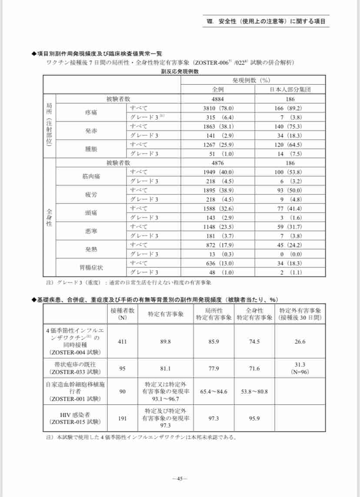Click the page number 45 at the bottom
[x=180, y=478]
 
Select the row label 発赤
[x=91, y=130]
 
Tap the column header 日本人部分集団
[x=290, y=89]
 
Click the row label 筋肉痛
[x=91, y=176]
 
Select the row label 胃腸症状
[x=91, y=268]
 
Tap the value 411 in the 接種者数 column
[x=122, y=341]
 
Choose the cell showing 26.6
[x=300, y=341]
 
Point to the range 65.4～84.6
[x=214, y=391]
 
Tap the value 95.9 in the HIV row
[x=254, y=418]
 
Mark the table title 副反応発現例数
[x=180, y=72]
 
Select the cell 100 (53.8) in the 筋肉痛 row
[x=290, y=172]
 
